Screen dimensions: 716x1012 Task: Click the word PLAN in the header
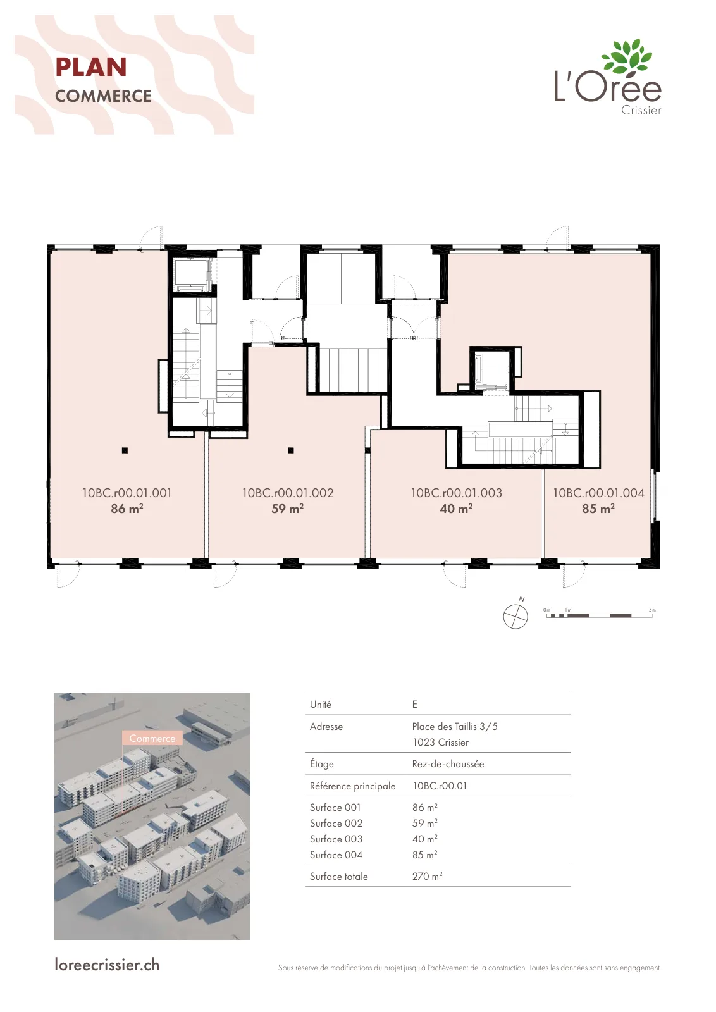91,67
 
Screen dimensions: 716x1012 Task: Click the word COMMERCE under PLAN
103,96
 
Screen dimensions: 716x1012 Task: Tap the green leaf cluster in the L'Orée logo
627,56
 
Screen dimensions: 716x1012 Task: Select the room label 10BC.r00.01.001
127,493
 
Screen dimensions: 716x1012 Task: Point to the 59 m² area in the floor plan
287,509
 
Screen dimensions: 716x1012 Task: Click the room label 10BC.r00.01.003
456,493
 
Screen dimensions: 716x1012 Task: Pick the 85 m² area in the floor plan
598,509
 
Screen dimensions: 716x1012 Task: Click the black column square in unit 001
125,450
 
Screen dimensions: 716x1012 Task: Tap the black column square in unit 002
291,450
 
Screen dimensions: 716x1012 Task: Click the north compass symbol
515,616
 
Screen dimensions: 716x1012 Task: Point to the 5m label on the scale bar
652,610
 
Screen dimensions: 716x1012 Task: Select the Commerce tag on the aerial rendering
152,738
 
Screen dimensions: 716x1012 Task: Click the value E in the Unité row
415,705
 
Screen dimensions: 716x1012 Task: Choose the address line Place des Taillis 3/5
455,727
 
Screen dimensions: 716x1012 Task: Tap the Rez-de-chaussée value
448,764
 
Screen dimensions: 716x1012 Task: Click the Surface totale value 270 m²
428,876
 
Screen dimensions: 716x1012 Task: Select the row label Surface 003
336,839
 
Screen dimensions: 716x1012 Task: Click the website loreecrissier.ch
107,965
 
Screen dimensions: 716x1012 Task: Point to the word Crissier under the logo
641,110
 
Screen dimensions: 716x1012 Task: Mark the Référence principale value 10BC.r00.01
440,786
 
